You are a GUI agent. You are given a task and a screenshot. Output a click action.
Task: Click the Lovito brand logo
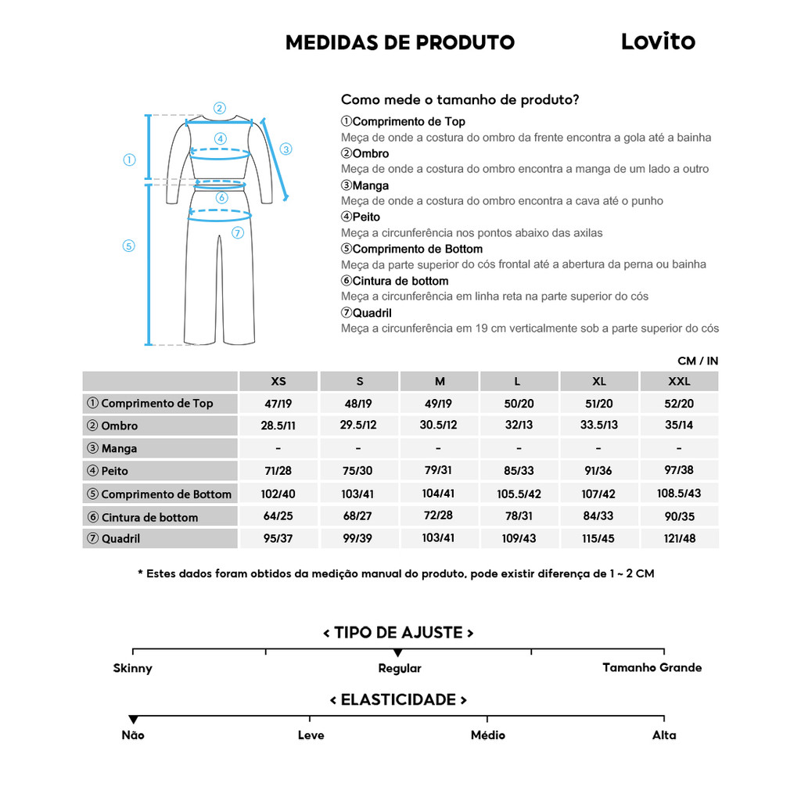(x=658, y=41)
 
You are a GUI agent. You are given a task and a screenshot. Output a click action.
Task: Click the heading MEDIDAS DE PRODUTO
(x=400, y=42)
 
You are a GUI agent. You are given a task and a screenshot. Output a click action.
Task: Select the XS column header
(x=278, y=382)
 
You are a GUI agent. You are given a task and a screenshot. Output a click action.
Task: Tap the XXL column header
(x=679, y=382)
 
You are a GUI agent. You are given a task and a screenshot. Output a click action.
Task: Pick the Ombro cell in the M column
(x=439, y=426)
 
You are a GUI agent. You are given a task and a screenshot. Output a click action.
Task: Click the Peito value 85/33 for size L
(x=519, y=471)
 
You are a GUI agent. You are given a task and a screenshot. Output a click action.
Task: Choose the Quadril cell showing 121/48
(x=679, y=538)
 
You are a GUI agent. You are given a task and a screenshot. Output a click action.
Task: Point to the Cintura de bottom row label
(x=149, y=517)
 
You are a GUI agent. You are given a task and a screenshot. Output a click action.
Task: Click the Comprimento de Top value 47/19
(x=278, y=404)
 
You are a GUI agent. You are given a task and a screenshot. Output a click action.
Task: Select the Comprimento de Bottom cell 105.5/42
(x=519, y=494)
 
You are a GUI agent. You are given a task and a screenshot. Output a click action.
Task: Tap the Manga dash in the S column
(x=358, y=448)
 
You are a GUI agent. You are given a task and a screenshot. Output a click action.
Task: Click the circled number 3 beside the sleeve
(x=286, y=149)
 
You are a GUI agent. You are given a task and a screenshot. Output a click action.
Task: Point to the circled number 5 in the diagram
(x=129, y=246)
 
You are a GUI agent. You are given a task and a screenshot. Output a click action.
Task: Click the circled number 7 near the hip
(x=238, y=232)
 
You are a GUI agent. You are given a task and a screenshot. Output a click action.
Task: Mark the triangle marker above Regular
(x=398, y=653)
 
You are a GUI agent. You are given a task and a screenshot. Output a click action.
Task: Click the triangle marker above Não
(x=133, y=720)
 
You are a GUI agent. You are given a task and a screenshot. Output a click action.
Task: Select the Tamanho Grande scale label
(x=652, y=667)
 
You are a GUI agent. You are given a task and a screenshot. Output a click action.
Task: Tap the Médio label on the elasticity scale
(x=487, y=735)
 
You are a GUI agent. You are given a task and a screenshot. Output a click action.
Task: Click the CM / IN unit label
(x=698, y=361)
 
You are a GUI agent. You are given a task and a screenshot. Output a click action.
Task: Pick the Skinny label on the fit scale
(x=133, y=668)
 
